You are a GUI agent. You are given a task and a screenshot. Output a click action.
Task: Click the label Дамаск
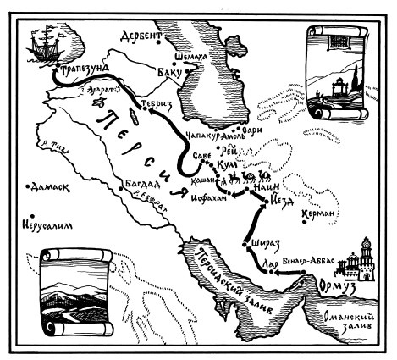tap(52, 184)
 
